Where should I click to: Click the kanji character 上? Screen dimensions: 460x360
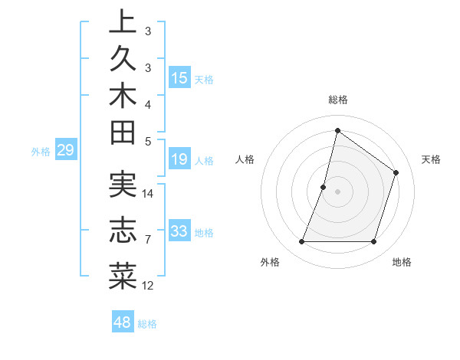(123, 22)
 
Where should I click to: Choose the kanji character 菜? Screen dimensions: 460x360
(123, 275)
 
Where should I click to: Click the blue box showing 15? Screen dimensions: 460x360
(179, 77)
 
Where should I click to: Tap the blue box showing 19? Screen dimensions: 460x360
(179, 159)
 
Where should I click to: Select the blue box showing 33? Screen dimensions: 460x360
(179, 231)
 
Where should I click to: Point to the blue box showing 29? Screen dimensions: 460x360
(66, 150)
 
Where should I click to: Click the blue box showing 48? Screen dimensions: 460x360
(123, 322)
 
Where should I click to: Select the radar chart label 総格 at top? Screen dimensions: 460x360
(337, 100)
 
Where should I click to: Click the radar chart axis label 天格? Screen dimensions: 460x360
(431, 159)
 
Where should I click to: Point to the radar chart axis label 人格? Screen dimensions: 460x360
(245, 159)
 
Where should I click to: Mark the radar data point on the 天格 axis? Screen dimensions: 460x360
(396, 172)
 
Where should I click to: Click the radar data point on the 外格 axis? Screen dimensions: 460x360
(301, 242)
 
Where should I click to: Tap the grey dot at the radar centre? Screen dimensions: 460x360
(337, 191)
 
